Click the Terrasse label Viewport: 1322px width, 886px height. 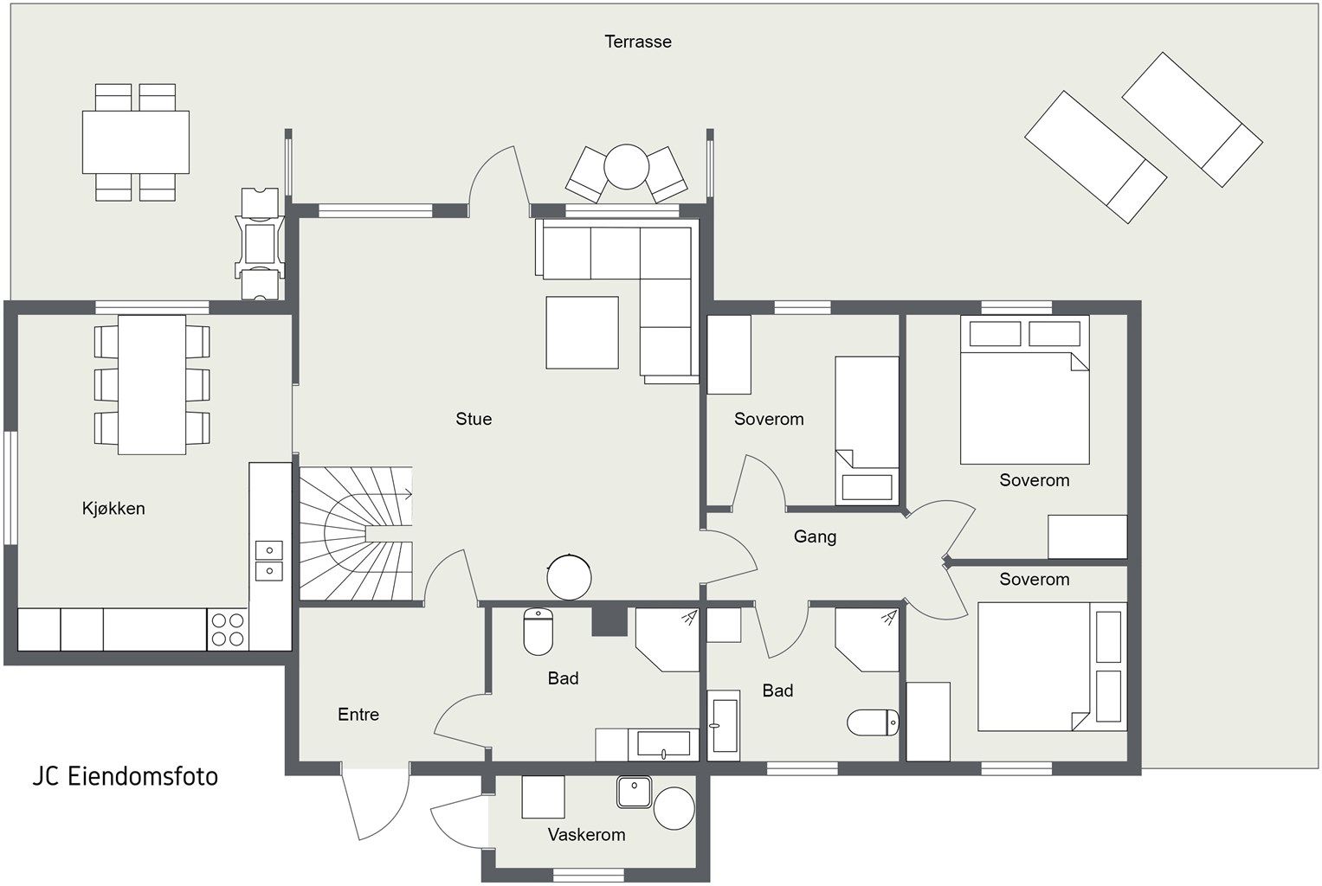pyautogui.click(x=638, y=42)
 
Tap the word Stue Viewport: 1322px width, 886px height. pyautogui.click(x=474, y=419)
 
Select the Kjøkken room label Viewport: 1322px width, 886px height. pyautogui.click(x=113, y=508)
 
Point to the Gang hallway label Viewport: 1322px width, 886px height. pyautogui.click(x=815, y=536)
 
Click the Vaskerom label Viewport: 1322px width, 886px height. pyautogui.click(x=586, y=835)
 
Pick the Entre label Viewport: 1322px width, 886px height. pyautogui.click(x=358, y=715)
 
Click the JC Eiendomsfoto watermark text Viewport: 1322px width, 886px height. pyautogui.click(x=126, y=776)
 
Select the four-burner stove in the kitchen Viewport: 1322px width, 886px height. pyautogui.click(x=228, y=629)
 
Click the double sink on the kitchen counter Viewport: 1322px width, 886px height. pyautogui.click(x=269, y=560)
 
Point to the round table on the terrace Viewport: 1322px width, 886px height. pyautogui.click(x=626, y=166)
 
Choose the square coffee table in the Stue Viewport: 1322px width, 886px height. pyautogui.click(x=582, y=332)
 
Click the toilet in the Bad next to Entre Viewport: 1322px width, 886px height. pyautogui.click(x=538, y=632)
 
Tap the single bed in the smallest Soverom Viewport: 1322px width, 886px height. pyautogui.click(x=866, y=429)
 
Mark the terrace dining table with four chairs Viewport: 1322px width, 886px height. pyautogui.click(x=136, y=142)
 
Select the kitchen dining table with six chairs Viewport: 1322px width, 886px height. pyautogui.click(x=152, y=384)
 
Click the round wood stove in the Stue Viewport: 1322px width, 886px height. pyautogui.click(x=570, y=576)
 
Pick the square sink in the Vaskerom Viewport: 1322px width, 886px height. pyautogui.click(x=634, y=792)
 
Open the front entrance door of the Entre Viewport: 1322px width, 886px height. pyautogui.click(x=374, y=805)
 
